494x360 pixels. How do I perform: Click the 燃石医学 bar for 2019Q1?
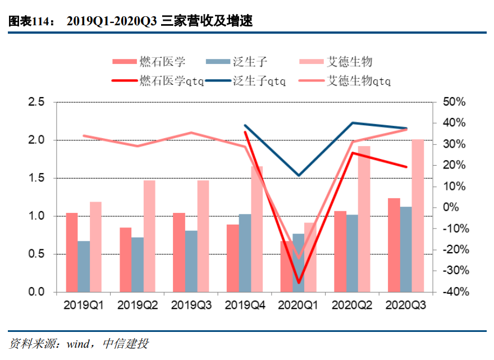pos(71,253)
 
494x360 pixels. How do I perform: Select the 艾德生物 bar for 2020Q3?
pos(418,216)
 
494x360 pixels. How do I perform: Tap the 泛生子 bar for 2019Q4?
pos(245,253)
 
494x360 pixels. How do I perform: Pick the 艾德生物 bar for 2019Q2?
pos(149,236)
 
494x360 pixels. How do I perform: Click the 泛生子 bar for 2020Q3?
pos(405,249)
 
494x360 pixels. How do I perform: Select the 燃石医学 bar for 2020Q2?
pos(340,252)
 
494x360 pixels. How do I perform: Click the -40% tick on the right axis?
pos(454,292)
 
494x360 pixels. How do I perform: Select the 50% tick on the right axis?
pos(454,102)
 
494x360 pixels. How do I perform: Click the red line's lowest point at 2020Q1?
pos(299,282)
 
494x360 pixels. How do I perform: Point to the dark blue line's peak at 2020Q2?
pos(353,122)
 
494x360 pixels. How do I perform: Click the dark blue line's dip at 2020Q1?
pos(299,175)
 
